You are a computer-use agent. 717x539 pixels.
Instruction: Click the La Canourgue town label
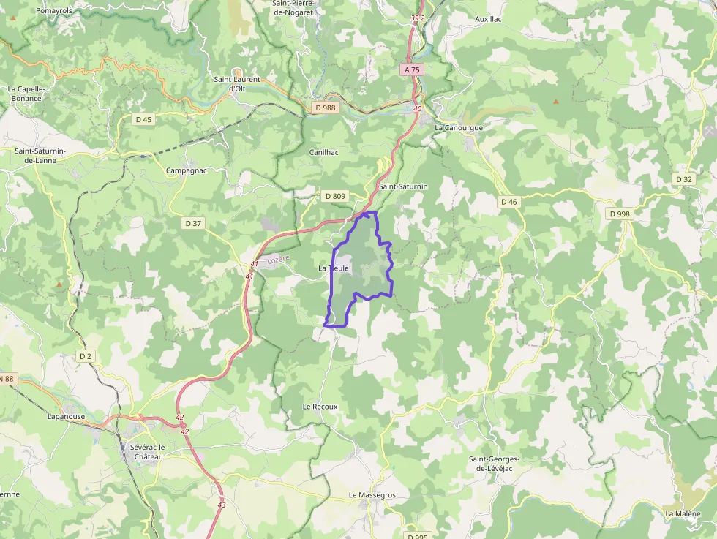pos(459,127)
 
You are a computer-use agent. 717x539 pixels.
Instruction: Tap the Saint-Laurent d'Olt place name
pos(236,83)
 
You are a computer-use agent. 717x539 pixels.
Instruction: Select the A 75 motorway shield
pos(412,69)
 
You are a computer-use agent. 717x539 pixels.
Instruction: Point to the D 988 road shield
pos(324,108)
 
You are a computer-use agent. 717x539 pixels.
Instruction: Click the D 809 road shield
pos(334,196)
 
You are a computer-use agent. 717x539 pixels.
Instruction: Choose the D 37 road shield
pos(193,223)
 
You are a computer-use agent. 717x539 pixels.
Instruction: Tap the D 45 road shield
pos(143,119)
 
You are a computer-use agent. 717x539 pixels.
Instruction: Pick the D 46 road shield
pos(508,202)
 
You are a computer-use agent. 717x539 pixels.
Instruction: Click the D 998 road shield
pos(618,214)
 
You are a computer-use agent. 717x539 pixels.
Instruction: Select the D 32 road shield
pos(684,179)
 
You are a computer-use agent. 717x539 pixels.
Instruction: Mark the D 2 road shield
pos(86,356)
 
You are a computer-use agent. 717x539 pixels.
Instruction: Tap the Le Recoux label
pos(320,407)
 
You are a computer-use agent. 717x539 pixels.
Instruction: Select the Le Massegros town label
pos(372,495)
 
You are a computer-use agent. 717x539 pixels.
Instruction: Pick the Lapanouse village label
pos(67,416)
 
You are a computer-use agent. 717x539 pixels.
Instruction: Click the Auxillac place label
pos(488,19)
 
